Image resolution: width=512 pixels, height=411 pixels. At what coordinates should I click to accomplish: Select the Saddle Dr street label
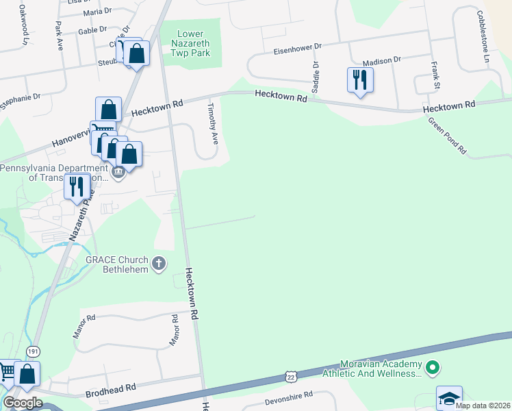(316, 77)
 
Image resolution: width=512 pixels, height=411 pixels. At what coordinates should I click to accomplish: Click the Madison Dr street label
(381, 61)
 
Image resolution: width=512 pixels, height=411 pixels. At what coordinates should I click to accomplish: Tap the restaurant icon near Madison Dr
(359, 81)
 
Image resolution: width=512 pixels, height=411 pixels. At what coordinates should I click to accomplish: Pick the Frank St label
(435, 75)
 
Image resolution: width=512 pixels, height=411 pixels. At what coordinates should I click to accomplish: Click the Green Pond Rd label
(447, 135)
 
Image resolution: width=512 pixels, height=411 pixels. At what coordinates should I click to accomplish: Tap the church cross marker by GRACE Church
(159, 263)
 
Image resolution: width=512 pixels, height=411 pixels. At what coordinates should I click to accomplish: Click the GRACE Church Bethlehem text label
(116, 264)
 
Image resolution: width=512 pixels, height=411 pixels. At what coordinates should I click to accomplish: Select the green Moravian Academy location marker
(432, 369)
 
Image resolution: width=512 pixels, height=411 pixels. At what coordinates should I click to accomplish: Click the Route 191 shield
(33, 351)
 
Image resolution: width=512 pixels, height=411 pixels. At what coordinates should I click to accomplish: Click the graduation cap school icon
(449, 398)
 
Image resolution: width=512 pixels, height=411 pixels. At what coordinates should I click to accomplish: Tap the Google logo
(23, 402)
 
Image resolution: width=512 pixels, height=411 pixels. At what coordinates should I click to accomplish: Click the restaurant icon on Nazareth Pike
(77, 186)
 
